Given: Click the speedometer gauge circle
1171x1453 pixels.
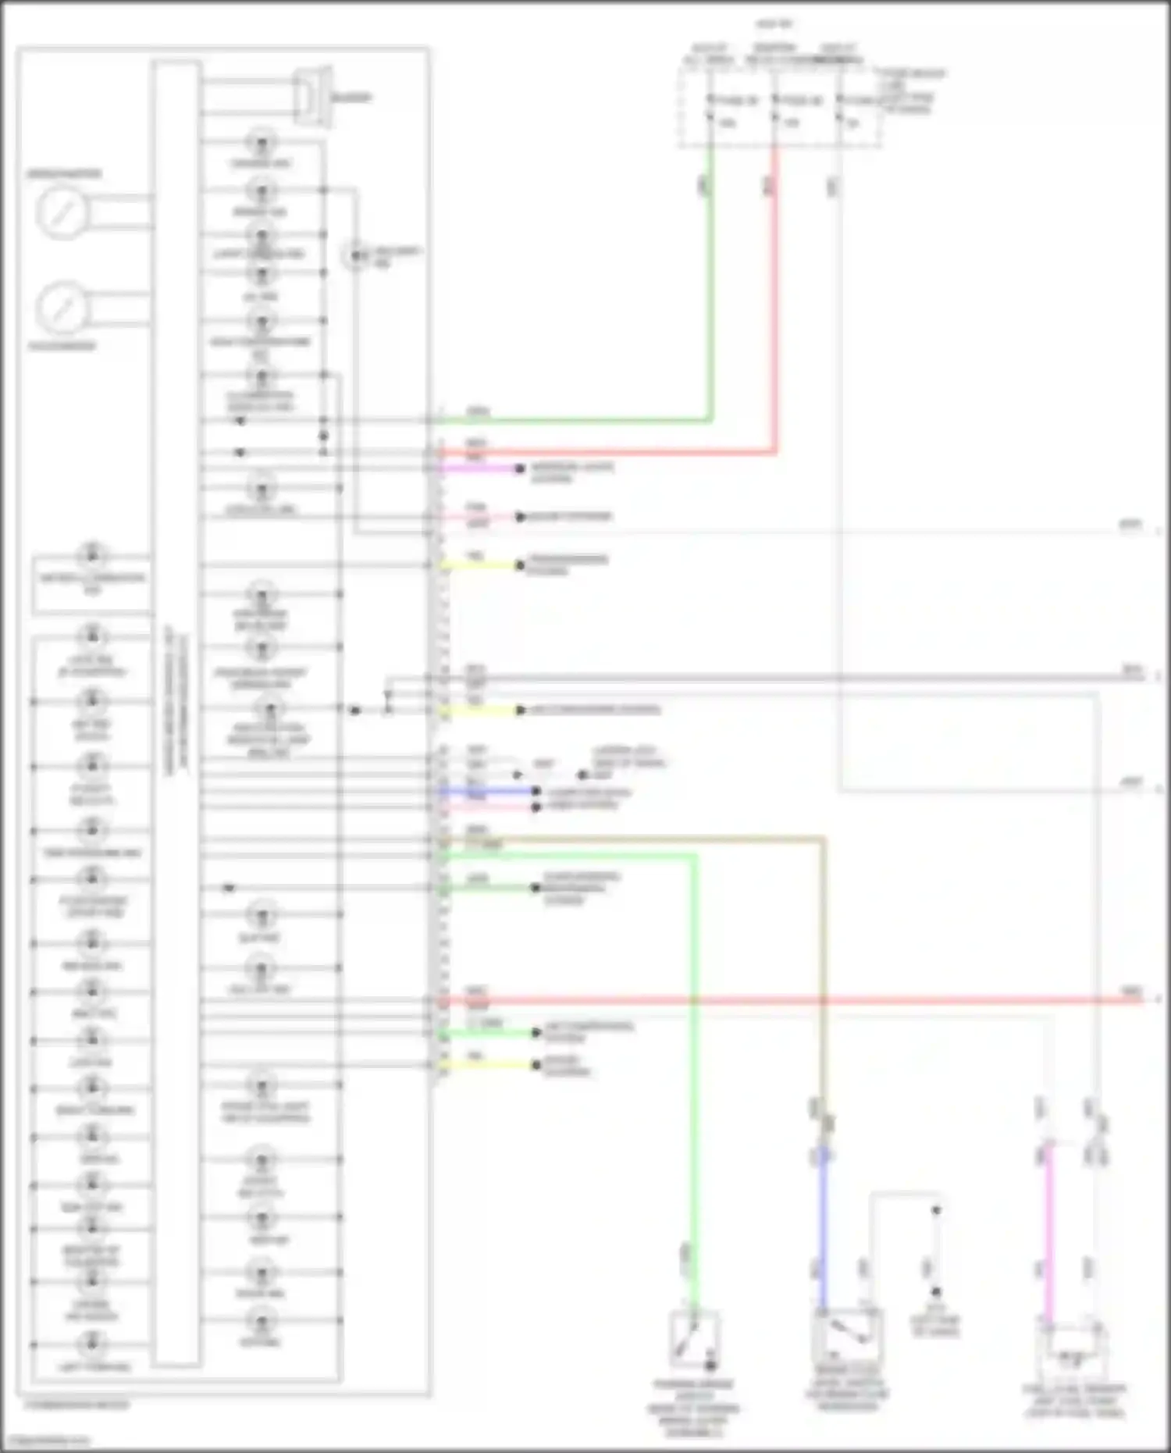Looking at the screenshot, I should pos(61,212).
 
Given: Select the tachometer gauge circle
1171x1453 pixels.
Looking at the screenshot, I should pos(61,307).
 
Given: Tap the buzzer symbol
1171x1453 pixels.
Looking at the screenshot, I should pos(313,98).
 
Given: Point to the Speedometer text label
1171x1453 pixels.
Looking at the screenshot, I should pos(64,173).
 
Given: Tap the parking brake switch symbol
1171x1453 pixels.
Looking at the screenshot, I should pos(693,1340).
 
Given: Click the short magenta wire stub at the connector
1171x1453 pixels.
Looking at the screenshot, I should pos(480,468).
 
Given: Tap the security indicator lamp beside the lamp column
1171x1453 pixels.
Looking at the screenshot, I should pos(356,255).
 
